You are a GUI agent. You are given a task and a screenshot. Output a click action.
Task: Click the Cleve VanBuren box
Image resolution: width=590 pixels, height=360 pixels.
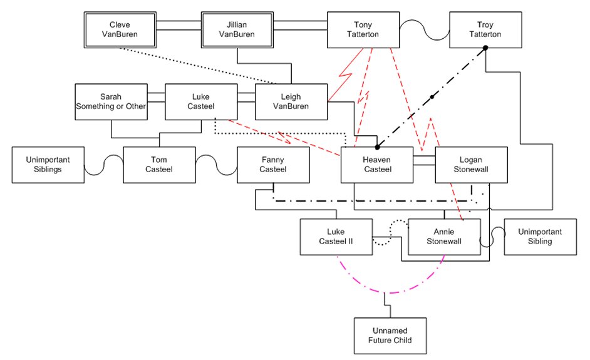pos(120,29)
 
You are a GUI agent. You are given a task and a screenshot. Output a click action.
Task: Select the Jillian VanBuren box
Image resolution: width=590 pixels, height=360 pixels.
pos(237,29)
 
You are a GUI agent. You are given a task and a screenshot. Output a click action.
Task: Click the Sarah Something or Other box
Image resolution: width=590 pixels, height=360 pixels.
pos(110,101)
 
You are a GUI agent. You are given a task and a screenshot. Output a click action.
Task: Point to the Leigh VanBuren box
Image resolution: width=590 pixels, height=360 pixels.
pos(291,101)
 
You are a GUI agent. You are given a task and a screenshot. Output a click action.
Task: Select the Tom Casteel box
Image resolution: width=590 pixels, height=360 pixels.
pos(159,165)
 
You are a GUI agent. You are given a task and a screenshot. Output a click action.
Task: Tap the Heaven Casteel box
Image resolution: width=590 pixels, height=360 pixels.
pos(377,165)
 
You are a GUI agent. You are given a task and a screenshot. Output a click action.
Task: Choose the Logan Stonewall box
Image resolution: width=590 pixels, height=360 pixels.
pos(470,165)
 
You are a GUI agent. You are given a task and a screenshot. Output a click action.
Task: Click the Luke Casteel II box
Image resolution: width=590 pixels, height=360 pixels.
pos(336,237)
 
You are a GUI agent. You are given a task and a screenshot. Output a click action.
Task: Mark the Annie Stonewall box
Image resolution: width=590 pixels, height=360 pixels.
pos(444,236)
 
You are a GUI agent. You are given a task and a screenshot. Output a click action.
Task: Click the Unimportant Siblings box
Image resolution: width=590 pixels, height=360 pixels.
pos(48,165)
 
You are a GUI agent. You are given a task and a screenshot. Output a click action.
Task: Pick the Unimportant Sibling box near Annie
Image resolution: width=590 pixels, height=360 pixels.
pos(539,236)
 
